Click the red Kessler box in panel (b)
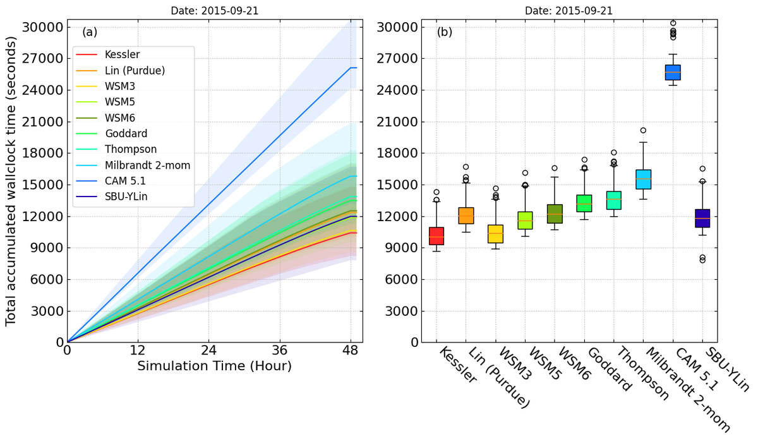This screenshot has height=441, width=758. tap(436, 236)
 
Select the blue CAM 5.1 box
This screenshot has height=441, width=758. tap(673, 72)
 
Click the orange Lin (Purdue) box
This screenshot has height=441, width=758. tap(466, 215)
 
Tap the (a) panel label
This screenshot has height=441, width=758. tap(90, 31)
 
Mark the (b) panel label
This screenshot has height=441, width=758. tap(445, 31)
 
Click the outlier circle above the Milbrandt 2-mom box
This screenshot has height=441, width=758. tap(643, 130)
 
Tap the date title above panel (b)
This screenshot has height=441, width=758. tap(568, 11)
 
